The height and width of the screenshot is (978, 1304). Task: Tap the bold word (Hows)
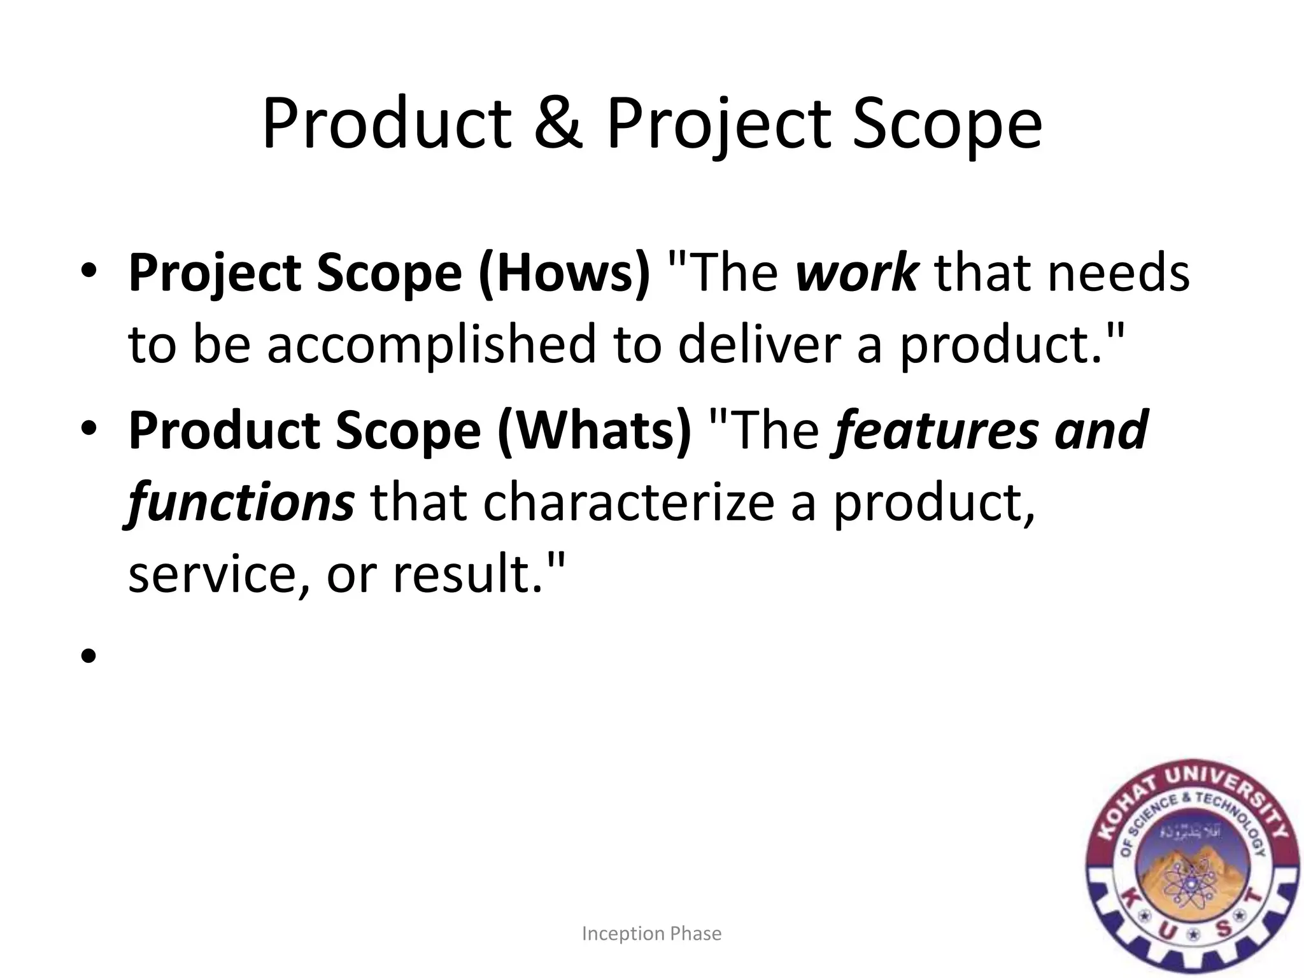coord(564,273)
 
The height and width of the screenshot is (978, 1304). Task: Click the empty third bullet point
coord(89,655)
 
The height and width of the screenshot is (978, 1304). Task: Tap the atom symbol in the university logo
coord(1189,885)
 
